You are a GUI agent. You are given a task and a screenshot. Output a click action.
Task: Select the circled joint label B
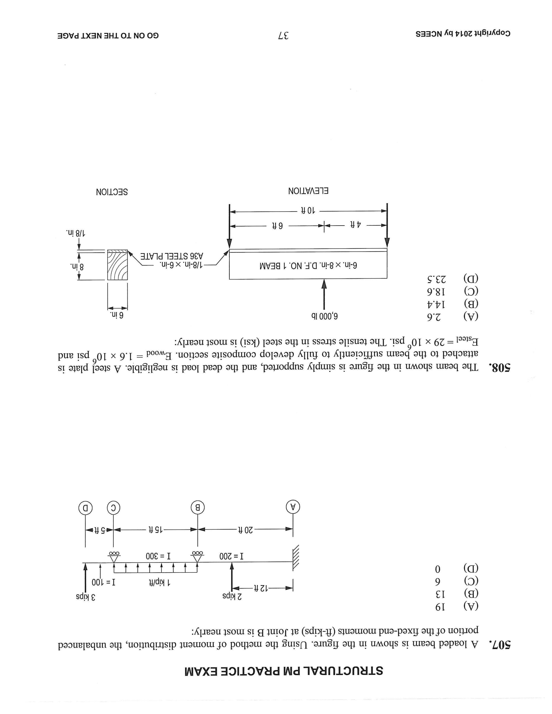(197, 508)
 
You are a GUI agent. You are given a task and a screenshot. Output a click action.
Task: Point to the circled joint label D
(85, 508)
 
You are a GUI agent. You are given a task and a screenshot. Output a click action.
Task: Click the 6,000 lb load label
(324, 316)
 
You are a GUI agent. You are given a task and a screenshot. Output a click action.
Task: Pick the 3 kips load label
(86, 596)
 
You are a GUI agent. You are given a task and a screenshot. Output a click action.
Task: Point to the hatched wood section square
(117, 265)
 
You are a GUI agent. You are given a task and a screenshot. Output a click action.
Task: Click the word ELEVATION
(308, 191)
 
